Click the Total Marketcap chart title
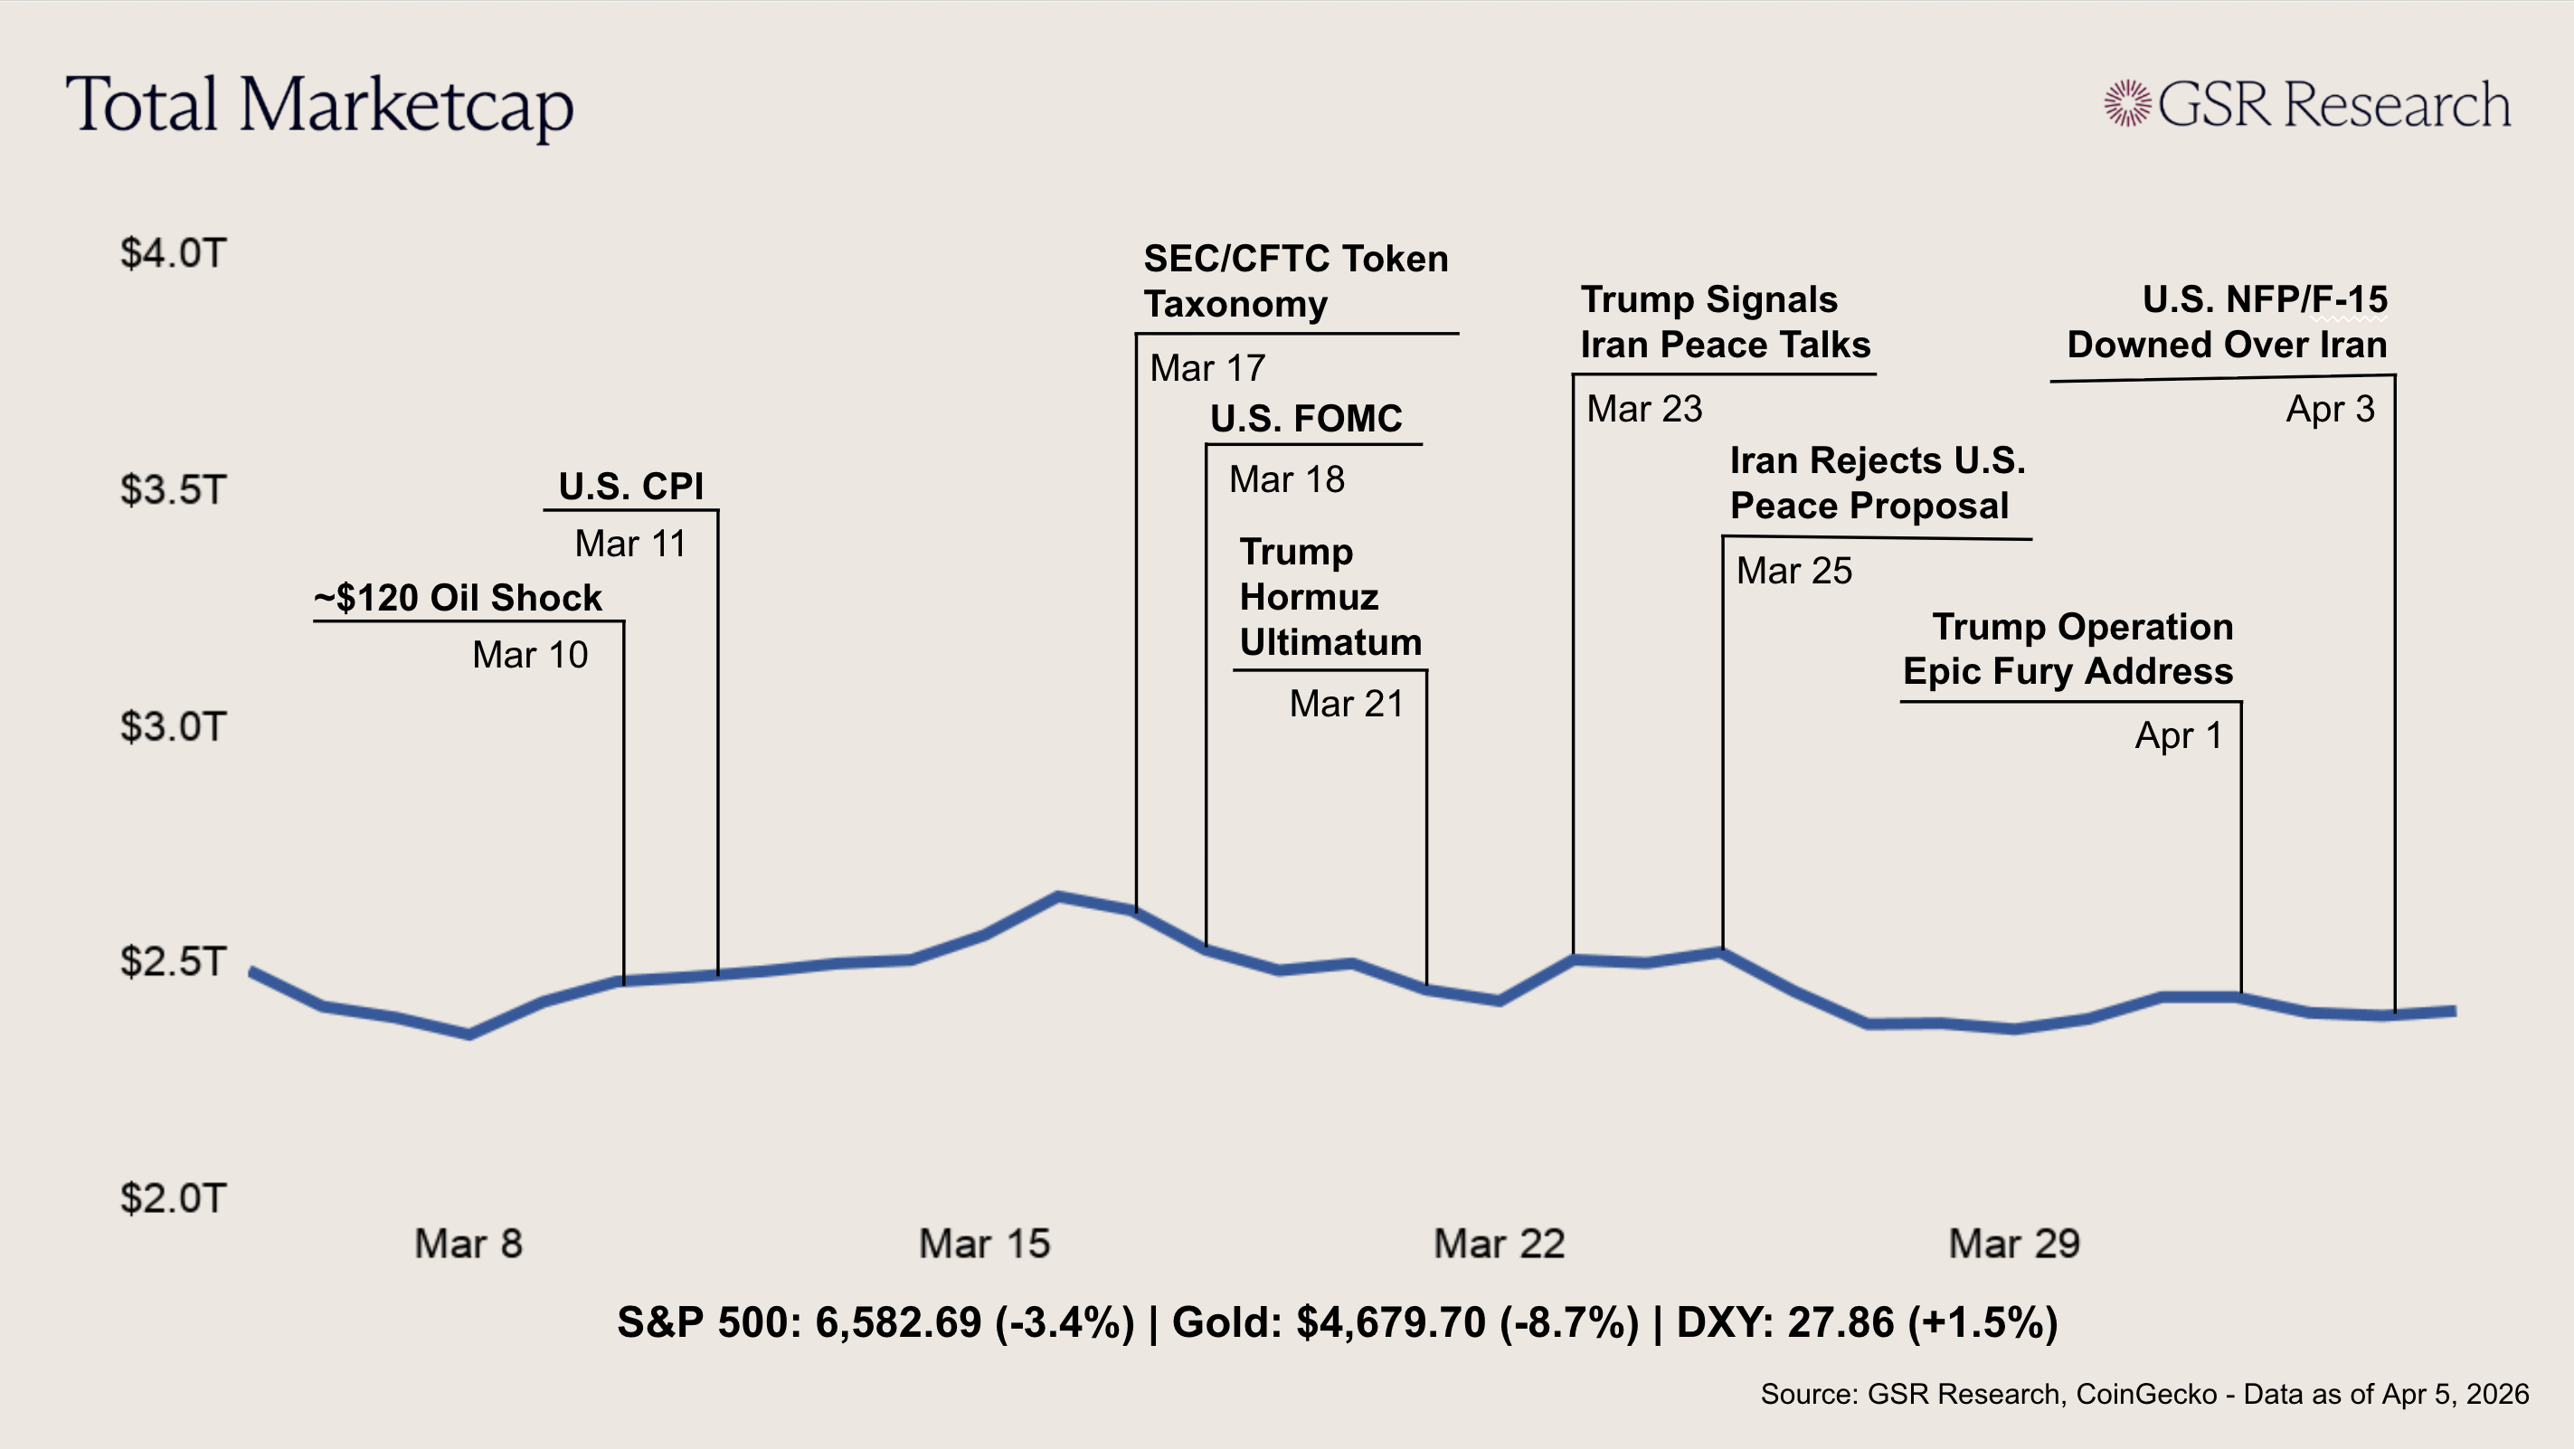(x=320, y=105)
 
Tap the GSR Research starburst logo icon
(x=2126, y=103)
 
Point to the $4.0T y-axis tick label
(x=174, y=253)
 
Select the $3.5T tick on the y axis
(x=174, y=489)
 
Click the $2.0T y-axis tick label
(x=174, y=1198)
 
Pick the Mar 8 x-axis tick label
(x=468, y=1245)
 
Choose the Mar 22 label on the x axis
(x=1499, y=1245)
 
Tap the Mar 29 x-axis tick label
(x=2014, y=1245)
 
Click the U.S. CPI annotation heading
(x=630, y=487)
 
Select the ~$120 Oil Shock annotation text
(x=459, y=598)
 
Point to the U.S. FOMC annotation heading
(x=1306, y=419)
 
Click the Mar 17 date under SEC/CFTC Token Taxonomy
(x=1207, y=369)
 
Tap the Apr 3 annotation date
(x=2330, y=409)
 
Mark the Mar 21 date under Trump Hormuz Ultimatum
(x=1346, y=704)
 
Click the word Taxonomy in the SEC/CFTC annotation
(x=1236, y=304)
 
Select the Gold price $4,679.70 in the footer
(x=1391, y=1323)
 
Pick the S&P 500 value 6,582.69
(x=898, y=1323)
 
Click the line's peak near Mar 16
(x=1059, y=895)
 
